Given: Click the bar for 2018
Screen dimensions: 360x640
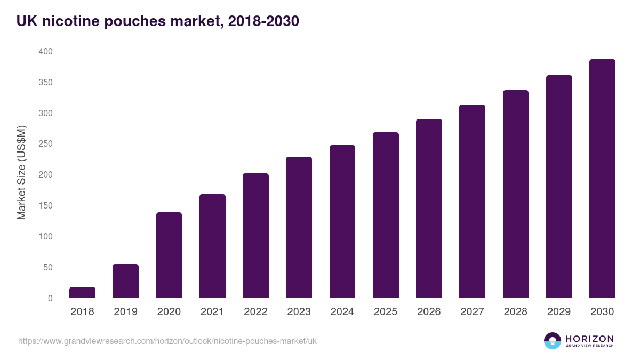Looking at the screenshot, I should pos(82,292).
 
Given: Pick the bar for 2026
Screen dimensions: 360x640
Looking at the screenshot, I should pos(429,209).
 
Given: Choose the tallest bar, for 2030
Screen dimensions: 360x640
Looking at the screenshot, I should pos(602,179).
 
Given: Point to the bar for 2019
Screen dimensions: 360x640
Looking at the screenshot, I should pos(125,281).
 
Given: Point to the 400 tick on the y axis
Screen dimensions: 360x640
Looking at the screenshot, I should pos(46,51).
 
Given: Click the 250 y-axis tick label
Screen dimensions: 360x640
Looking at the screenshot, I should pos(46,144).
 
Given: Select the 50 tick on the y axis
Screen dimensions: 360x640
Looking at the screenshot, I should pos(49,267).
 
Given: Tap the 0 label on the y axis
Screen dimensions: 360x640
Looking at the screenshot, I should pos(51,298).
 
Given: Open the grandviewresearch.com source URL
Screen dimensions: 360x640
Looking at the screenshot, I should pos(167,341).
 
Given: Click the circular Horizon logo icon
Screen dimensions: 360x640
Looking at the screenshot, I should pos(553,341).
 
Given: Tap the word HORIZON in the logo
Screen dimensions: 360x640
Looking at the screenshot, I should pos(589,338).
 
